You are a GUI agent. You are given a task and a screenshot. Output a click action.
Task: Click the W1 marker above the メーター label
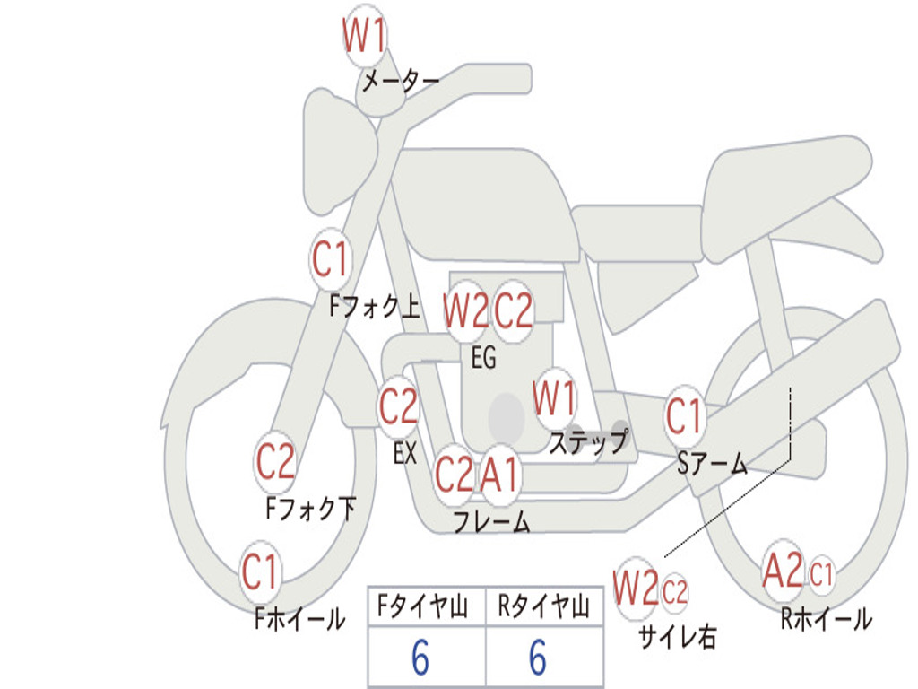pyautogui.click(x=365, y=36)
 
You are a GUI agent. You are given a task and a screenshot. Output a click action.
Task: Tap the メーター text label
pyautogui.click(x=401, y=81)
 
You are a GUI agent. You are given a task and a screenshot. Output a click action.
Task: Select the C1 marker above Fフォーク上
pyautogui.click(x=331, y=259)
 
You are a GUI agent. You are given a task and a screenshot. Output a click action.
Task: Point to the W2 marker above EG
pyautogui.click(x=466, y=310)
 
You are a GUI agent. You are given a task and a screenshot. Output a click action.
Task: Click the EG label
pyautogui.click(x=483, y=357)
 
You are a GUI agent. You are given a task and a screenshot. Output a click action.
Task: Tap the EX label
pyautogui.click(x=405, y=453)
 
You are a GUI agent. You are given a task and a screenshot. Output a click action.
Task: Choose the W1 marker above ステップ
pyautogui.click(x=554, y=398)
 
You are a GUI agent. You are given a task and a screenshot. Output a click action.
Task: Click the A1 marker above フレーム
pyautogui.click(x=500, y=474)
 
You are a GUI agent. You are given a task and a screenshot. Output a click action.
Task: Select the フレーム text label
pyautogui.click(x=492, y=521)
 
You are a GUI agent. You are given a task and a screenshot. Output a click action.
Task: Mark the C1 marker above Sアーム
pyautogui.click(x=684, y=416)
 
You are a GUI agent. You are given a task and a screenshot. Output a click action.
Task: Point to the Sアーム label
pyautogui.click(x=713, y=464)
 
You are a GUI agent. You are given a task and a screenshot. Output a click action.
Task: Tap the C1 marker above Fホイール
pyautogui.click(x=260, y=571)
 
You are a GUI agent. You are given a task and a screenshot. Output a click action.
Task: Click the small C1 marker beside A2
pyautogui.click(x=821, y=574)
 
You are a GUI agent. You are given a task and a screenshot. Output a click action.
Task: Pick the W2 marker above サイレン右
pyautogui.click(x=636, y=589)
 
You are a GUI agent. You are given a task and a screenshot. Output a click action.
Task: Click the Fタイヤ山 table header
pyautogui.click(x=423, y=606)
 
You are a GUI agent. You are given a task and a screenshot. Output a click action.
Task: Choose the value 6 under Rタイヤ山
pyautogui.click(x=538, y=658)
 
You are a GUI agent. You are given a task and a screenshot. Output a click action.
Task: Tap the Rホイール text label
pyautogui.click(x=827, y=619)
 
